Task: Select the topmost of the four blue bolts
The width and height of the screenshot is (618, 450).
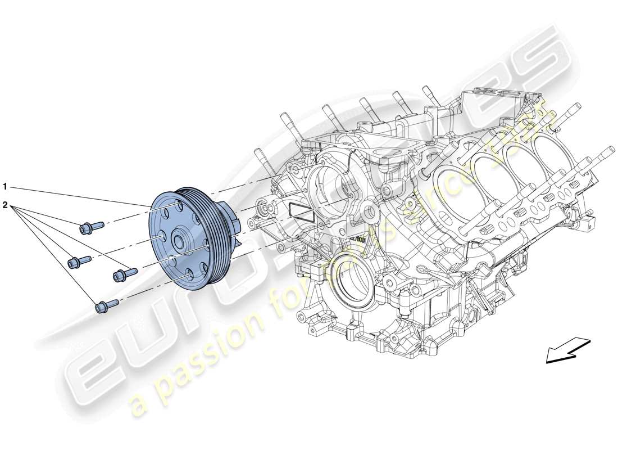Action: (x=90, y=227)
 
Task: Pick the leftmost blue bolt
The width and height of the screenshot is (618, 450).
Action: (x=79, y=261)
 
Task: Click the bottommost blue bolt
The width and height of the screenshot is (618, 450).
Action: (x=106, y=305)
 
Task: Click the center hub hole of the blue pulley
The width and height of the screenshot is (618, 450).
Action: (x=180, y=242)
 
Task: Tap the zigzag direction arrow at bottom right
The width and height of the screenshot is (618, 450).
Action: (x=567, y=350)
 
